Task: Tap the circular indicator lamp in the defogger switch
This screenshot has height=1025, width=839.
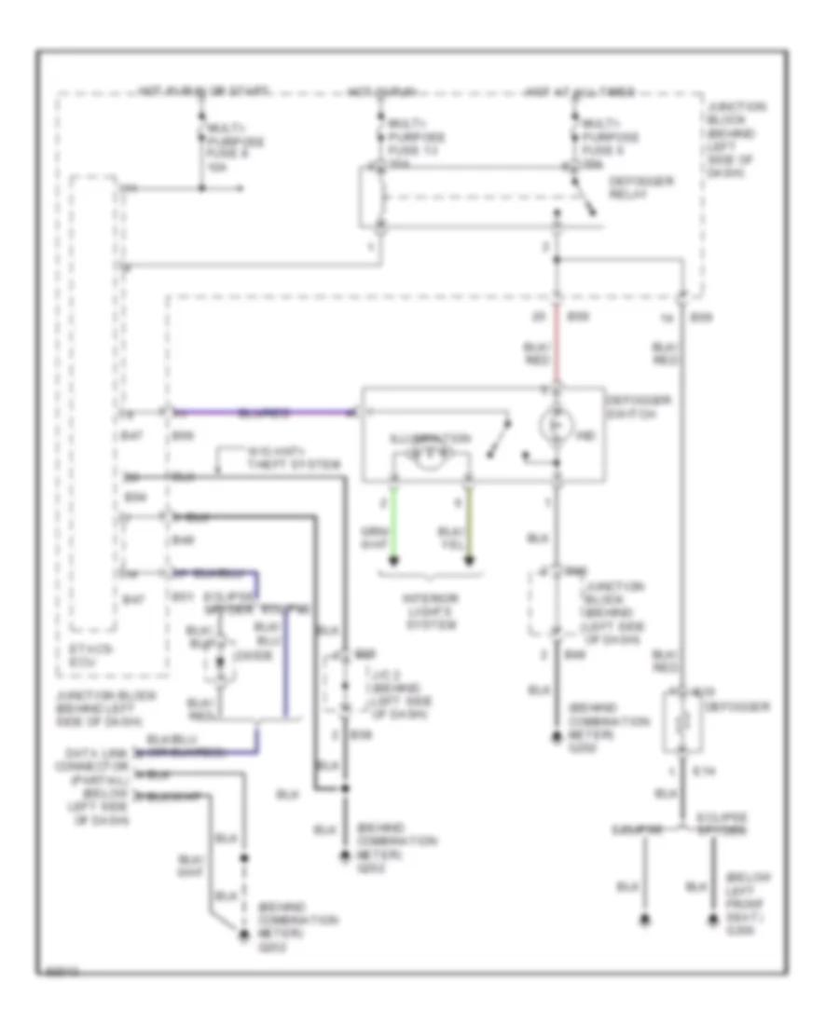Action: coord(557,424)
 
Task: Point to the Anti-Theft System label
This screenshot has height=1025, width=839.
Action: coord(280,458)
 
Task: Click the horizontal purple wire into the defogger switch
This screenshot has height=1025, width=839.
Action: coord(261,411)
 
